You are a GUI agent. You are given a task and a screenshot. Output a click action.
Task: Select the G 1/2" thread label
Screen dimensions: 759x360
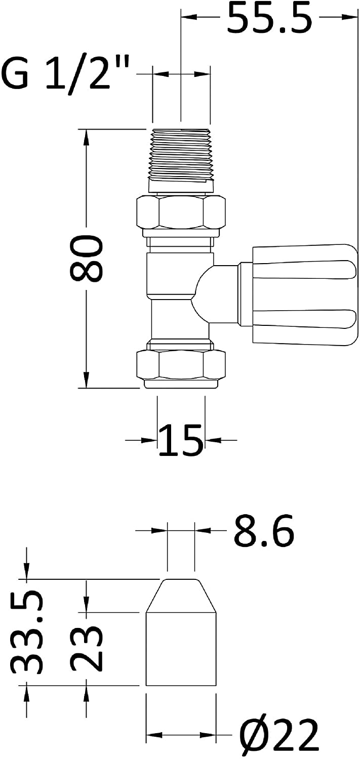(66, 73)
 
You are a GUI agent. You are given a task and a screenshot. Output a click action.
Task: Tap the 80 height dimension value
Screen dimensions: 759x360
(87, 259)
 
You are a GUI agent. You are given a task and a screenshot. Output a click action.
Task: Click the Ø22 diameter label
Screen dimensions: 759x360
(279, 735)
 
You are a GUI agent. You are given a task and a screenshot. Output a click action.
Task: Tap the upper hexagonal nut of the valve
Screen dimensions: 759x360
(181, 212)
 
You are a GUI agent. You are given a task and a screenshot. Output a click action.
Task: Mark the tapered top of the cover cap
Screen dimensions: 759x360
(181, 596)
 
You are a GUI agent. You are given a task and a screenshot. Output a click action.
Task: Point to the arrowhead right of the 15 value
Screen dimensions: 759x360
(213, 440)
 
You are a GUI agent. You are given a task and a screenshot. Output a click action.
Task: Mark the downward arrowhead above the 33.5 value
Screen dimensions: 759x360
(27, 572)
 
